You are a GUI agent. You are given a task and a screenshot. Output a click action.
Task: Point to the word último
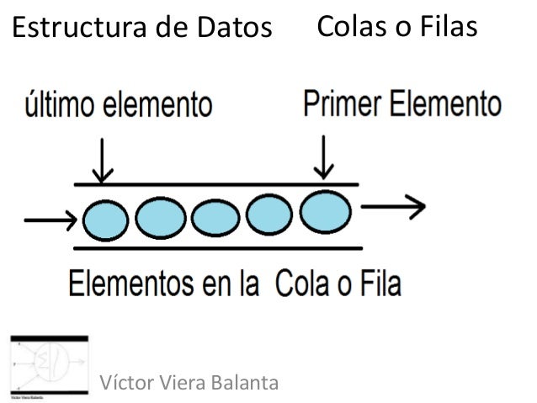[x=59, y=106]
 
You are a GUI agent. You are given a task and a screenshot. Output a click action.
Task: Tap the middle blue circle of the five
[x=215, y=220]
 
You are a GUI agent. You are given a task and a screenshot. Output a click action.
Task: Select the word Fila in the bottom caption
[x=378, y=283]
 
